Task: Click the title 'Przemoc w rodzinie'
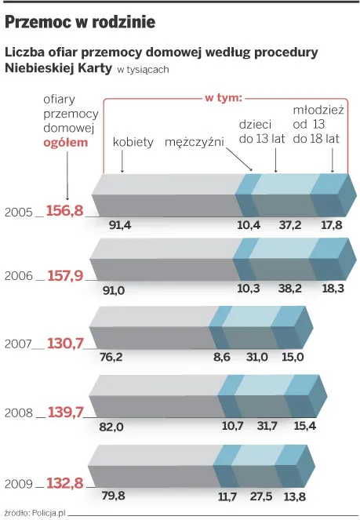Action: tap(80, 22)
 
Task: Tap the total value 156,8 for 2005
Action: tap(64, 210)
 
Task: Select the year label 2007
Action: tap(18, 344)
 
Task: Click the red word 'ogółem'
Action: tap(66, 143)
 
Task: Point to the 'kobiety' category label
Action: tap(133, 142)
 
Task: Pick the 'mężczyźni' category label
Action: tap(195, 142)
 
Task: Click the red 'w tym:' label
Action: tap(224, 98)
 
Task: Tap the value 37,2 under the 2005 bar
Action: tap(290, 225)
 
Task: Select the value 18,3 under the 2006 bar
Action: tap(333, 288)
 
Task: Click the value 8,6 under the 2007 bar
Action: tap(222, 357)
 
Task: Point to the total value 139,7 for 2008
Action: tap(66, 413)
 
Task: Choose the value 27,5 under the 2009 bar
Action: tap(261, 496)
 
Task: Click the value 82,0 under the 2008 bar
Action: tap(111, 427)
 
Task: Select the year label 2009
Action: tap(19, 484)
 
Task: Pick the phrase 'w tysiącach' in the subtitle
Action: tap(143, 70)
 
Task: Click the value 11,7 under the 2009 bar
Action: tap(227, 496)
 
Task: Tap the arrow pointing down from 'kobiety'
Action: tap(122, 162)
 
